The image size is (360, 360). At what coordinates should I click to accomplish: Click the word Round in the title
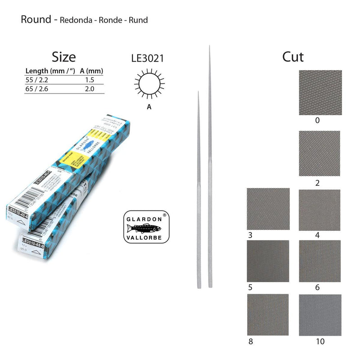click(x=36, y=19)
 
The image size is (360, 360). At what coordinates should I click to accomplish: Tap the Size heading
click(x=63, y=57)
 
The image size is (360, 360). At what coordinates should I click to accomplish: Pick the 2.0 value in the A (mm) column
click(x=89, y=89)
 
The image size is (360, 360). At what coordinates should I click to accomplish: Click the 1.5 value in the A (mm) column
click(x=89, y=80)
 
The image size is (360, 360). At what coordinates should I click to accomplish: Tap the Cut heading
click(x=293, y=57)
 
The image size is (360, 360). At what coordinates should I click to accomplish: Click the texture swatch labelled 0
click(x=320, y=92)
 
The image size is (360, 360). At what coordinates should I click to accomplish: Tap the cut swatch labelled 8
click(x=268, y=315)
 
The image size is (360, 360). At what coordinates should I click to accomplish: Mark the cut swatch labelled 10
click(x=320, y=315)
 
